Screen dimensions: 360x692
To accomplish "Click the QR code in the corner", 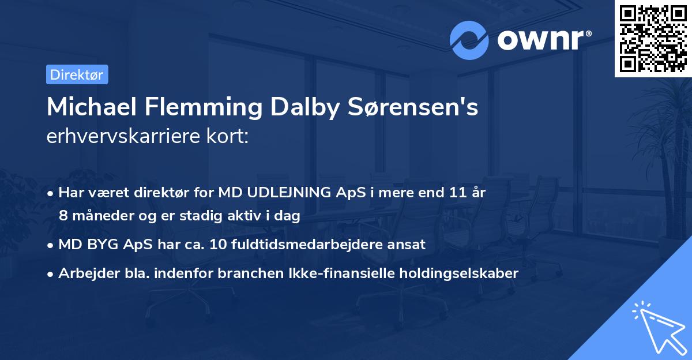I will coord(653,38).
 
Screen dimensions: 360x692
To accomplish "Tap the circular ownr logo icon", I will coord(470,40).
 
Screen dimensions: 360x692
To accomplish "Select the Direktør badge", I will coord(77,74).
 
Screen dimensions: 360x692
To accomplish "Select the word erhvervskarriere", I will coord(125,137).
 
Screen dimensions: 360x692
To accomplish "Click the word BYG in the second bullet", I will coord(107,244).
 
